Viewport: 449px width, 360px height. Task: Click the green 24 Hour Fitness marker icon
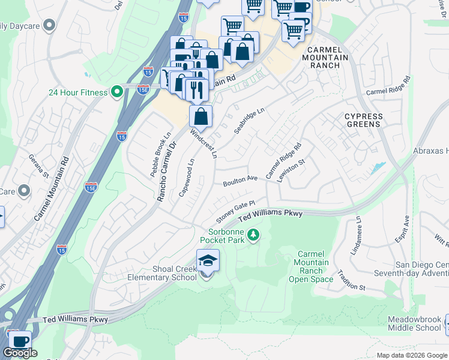point(117,92)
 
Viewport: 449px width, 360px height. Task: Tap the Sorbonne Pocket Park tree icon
point(253,234)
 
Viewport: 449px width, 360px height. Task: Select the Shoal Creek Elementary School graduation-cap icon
point(208,260)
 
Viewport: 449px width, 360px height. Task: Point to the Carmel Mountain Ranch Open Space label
point(311,267)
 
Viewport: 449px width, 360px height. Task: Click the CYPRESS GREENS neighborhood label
point(363,120)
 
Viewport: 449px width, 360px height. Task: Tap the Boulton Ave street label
point(240,181)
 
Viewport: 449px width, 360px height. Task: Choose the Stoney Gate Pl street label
point(236,211)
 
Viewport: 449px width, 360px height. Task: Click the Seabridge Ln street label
point(249,121)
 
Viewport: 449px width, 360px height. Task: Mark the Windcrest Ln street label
point(203,143)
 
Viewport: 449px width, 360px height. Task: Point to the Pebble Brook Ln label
point(161,154)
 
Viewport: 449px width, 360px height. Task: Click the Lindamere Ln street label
point(359,236)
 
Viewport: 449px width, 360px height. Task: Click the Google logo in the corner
point(20,353)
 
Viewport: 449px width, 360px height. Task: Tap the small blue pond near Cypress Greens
point(378,168)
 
